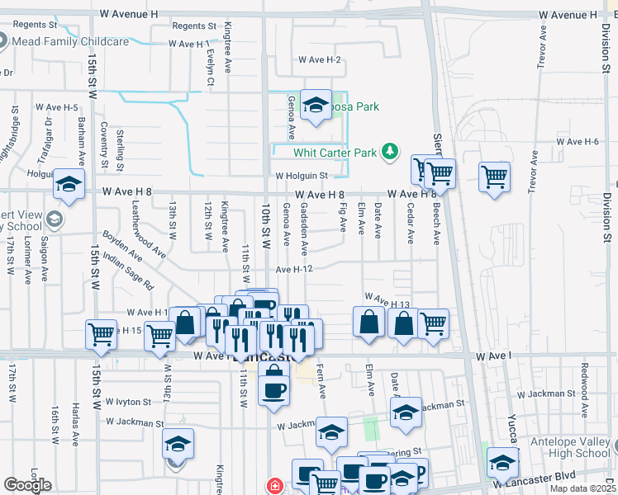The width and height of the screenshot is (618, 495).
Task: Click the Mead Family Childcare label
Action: click(x=70, y=41)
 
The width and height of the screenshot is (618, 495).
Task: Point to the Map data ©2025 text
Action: click(x=582, y=488)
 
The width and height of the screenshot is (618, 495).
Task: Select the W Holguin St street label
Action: click(x=302, y=176)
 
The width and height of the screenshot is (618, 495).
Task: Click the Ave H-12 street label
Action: click(x=293, y=269)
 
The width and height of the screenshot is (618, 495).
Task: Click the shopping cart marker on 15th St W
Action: click(x=102, y=334)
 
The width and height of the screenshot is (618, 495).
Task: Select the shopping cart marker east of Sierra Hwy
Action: click(x=494, y=176)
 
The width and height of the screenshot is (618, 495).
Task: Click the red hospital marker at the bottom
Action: click(x=273, y=486)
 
